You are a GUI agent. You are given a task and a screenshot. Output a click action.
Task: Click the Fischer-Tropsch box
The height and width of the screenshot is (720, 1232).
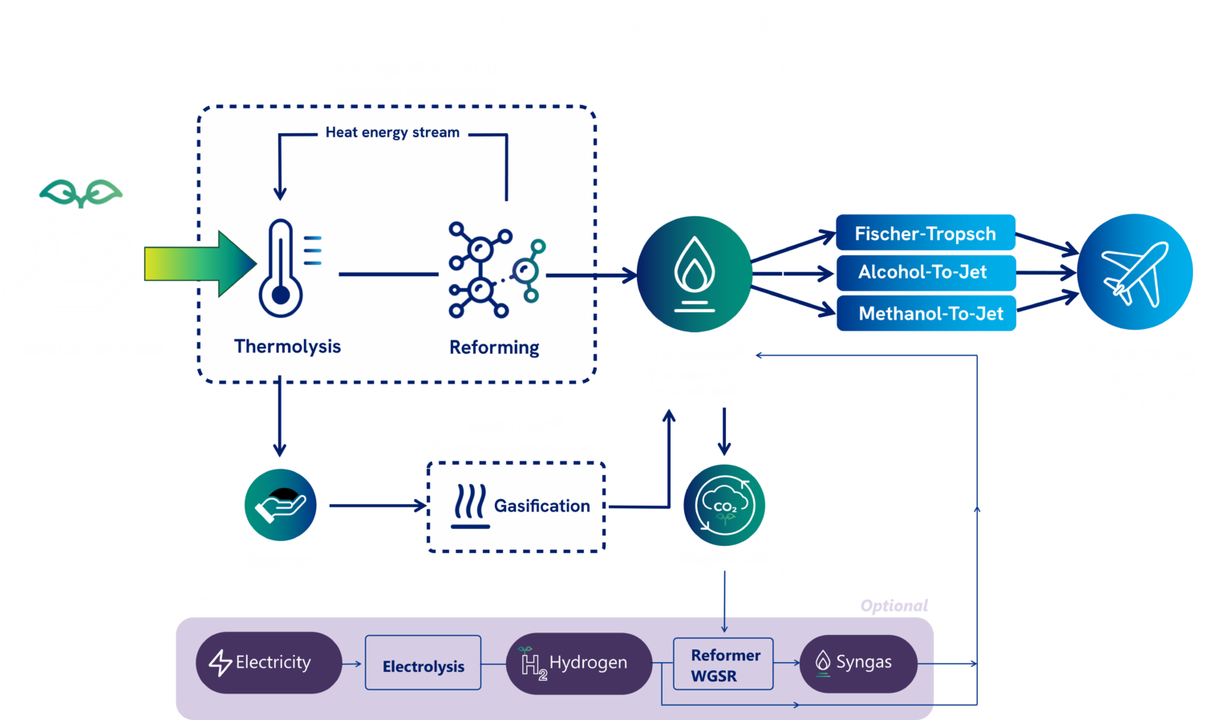tap(925, 234)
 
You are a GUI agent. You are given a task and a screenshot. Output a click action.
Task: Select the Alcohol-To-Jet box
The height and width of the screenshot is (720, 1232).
tap(925, 272)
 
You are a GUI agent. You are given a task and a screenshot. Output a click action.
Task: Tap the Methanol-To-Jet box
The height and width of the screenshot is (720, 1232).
tap(926, 313)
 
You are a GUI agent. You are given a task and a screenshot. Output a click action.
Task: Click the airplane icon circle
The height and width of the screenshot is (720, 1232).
tap(1134, 272)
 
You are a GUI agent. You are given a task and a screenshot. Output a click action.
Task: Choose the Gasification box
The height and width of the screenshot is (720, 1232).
tap(516, 506)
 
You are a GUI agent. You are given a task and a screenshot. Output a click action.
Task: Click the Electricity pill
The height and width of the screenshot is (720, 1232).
tap(268, 663)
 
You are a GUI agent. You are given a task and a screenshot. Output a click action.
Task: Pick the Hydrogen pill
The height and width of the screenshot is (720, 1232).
tap(578, 663)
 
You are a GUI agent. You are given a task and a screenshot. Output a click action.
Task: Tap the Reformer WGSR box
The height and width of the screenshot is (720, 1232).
tap(723, 664)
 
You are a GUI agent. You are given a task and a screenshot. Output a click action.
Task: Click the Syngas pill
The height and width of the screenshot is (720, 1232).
tap(857, 663)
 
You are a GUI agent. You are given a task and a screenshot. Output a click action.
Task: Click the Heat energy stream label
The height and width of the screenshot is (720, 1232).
tap(392, 132)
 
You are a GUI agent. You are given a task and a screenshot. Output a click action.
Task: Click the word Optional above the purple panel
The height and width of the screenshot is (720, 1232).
tap(894, 605)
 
